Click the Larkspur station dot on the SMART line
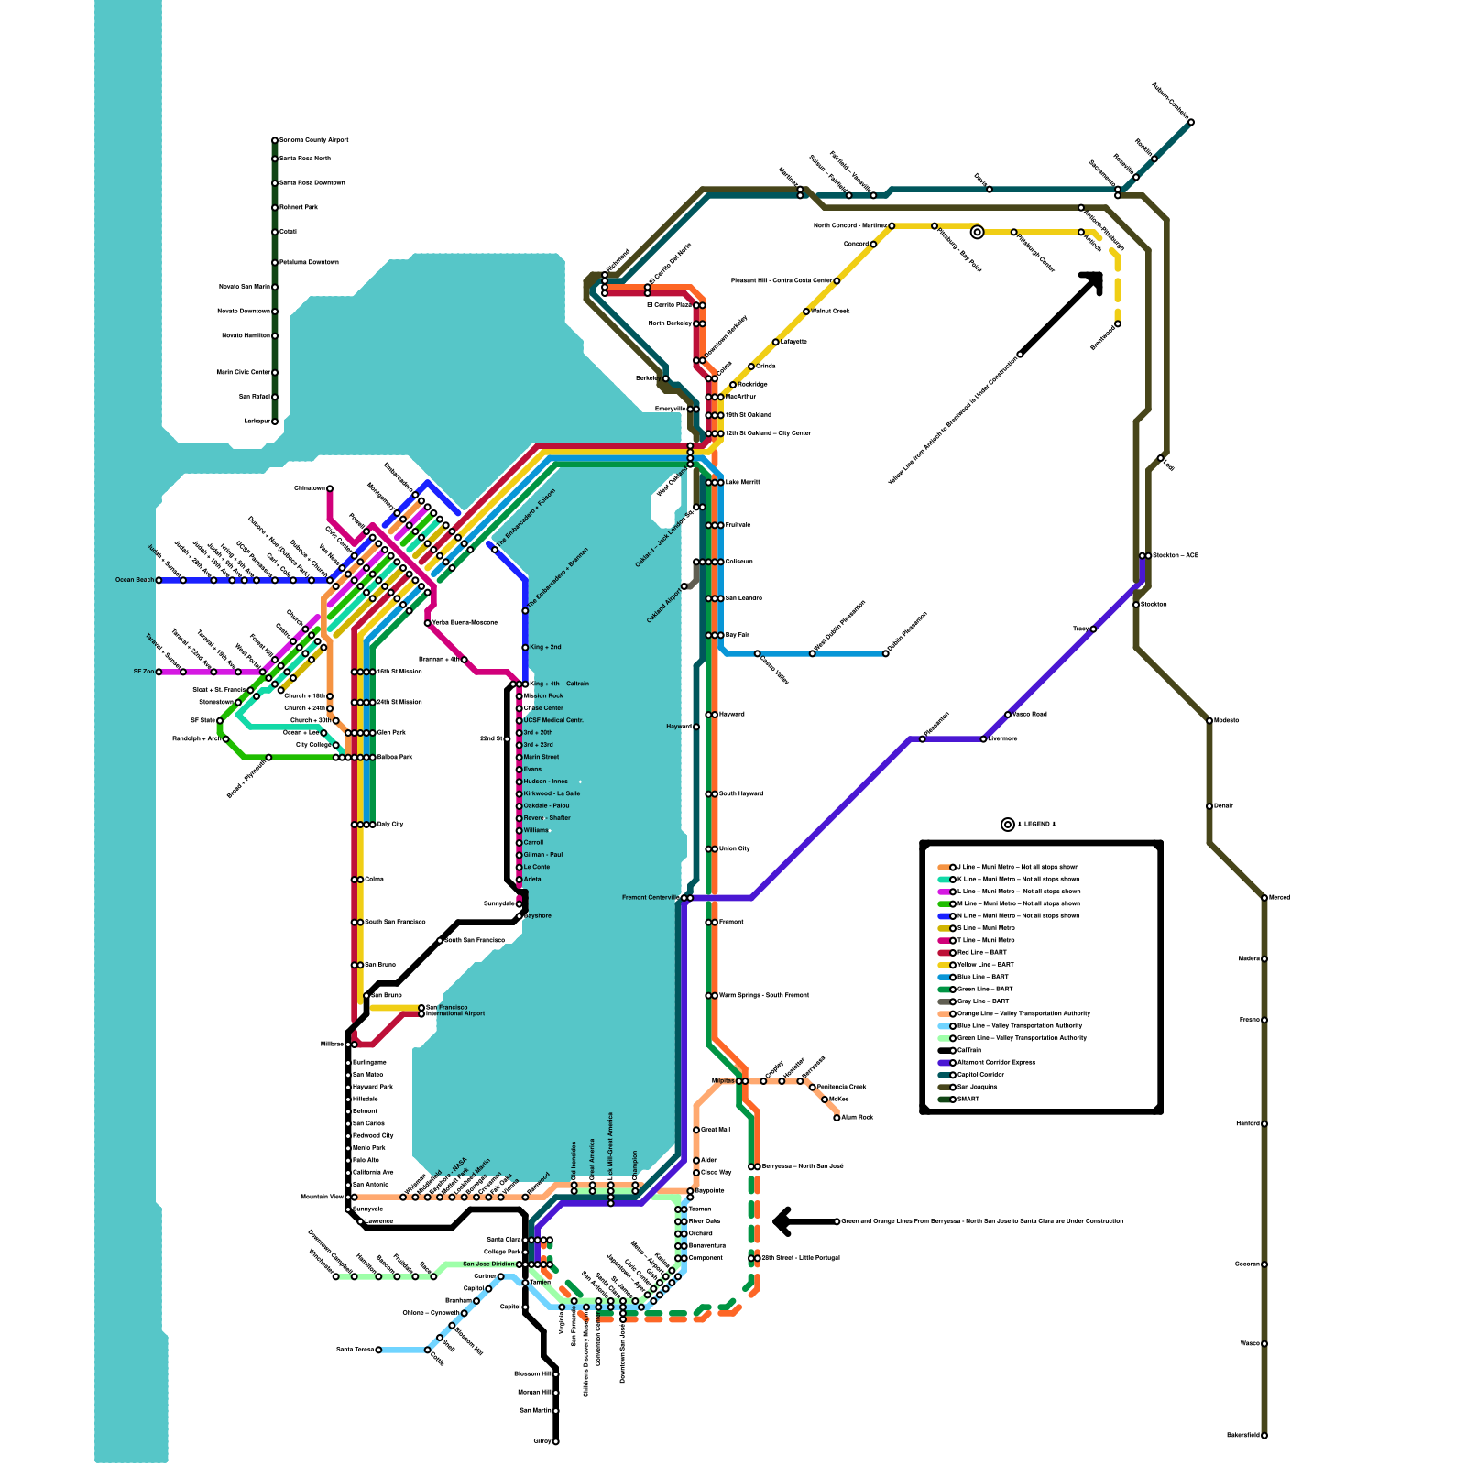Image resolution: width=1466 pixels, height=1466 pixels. click(x=275, y=421)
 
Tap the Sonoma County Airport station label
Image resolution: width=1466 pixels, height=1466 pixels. click(x=313, y=140)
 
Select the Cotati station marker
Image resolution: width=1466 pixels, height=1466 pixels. click(x=275, y=232)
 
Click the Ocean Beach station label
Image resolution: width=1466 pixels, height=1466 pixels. click(x=135, y=580)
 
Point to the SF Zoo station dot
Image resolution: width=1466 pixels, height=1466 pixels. click(x=159, y=672)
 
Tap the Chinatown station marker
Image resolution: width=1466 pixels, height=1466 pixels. click(x=330, y=488)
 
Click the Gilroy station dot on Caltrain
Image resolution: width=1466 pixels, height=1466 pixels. click(x=555, y=1441)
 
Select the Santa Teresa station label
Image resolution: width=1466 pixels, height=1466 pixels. click(x=356, y=1350)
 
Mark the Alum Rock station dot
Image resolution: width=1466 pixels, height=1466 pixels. click(x=837, y=1118)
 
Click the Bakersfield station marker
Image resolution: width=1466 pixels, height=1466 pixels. click(x=1264, y=1436)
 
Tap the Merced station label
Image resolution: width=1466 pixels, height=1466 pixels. click(x=1279, y=898)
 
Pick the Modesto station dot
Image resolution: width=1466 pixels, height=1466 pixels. click(x=1209, y=721)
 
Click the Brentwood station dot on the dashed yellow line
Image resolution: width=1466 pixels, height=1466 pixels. click(x=1118, y=323)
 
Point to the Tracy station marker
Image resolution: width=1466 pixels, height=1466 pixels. click(x=1093, y=629)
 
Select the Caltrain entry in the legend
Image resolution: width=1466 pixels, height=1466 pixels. click(x=968, y=1051)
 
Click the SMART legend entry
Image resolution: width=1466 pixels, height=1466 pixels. click(x=968, y=1099)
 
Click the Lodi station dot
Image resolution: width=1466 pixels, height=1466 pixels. click(x=1160, y=458)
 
